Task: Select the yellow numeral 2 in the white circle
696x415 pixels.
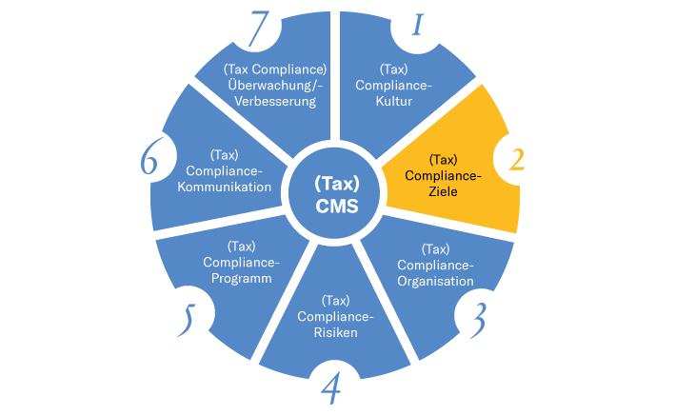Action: click(x=516, y=158)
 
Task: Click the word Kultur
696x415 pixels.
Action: click(x=394, y=101)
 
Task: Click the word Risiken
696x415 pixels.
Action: click(x=335, y=332)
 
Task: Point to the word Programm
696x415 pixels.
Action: click(x=241, y=279)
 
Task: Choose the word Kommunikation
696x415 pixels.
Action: click(x=229, y=188)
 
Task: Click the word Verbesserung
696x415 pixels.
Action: click(x=275, y=101)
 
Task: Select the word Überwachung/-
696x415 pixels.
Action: click(x=275, y=85)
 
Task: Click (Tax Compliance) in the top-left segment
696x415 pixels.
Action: click(x=275, y=69)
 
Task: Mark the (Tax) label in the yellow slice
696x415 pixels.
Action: click(x=443, y=159)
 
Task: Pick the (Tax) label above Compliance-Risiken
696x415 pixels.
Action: click(x=335, y=300)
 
